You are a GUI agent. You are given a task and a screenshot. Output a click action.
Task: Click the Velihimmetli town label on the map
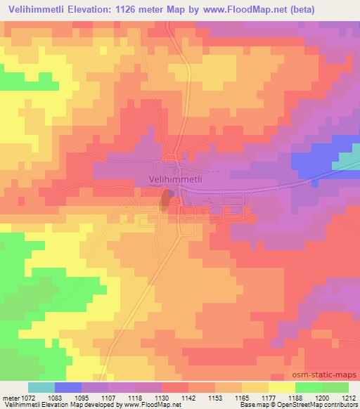(176, 179)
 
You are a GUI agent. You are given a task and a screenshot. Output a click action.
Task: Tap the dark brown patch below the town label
(165, 199)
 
